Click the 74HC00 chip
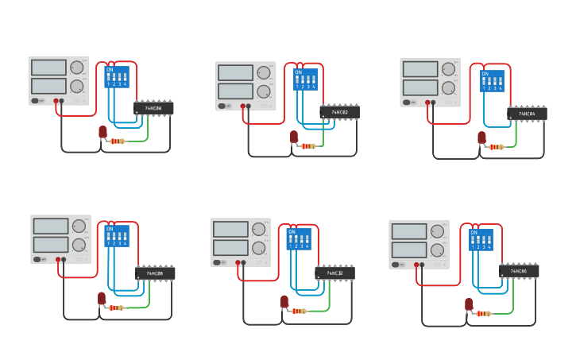[x=153, y=108]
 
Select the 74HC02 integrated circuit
[x=339, y=113]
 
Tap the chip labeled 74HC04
[x=527, y=114]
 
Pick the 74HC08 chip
[x=155, y=273]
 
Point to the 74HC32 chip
[x=334, y=273]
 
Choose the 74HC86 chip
[x=519, y=272]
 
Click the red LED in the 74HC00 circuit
[x=102, y=132]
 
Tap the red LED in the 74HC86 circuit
[x=469, y=304]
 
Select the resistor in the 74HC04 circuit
[x=497, y=146]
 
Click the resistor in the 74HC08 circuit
[x=117, y=307]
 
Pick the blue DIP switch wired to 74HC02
[x=305, y=79]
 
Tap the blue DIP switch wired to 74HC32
[x=299, y=238]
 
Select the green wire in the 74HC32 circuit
[x=327, y=300]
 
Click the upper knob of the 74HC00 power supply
[x=76, y=68]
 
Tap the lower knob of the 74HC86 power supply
[x=437, y=250]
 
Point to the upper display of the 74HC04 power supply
[x=420, y=70]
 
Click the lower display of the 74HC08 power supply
[x=49, y=244]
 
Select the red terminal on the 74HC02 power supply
[x=242, y=106]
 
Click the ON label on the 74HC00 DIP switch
[x=110, y=70]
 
